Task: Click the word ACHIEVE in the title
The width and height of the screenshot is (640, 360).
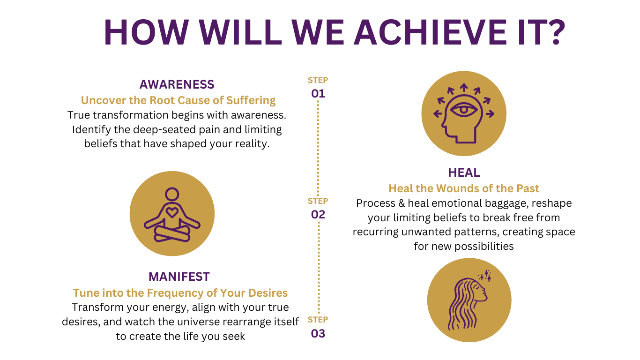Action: (430, 32)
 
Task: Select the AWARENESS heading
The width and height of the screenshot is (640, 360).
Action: (177, 84)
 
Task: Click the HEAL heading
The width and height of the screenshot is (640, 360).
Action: (464, 172)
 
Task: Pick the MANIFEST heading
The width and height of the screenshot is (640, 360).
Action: (179, 277)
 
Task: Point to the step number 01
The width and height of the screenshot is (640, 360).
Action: (318, 94)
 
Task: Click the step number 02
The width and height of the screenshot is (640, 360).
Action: (318, 215)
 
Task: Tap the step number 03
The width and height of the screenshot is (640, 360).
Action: (318, 334)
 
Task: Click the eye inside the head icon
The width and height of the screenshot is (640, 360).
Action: (464, 110)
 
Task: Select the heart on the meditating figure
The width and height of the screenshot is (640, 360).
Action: (172, 212)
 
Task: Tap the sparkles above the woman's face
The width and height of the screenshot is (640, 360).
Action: (485, 275)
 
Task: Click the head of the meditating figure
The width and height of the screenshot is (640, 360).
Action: (172, 195)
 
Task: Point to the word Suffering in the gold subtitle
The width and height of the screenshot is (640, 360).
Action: (251, 100)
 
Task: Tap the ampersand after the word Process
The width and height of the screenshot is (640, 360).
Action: (402, 203)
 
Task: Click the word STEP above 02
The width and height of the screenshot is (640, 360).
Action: (318, 201)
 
